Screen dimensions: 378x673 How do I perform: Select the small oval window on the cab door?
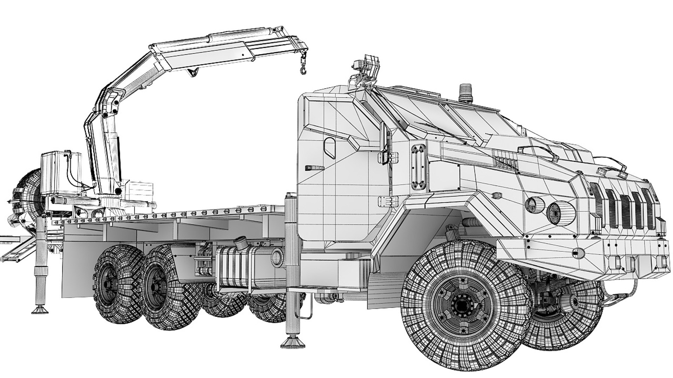click(x=329, y=146)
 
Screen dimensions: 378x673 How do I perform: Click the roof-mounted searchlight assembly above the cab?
click(x=366, y=70)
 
